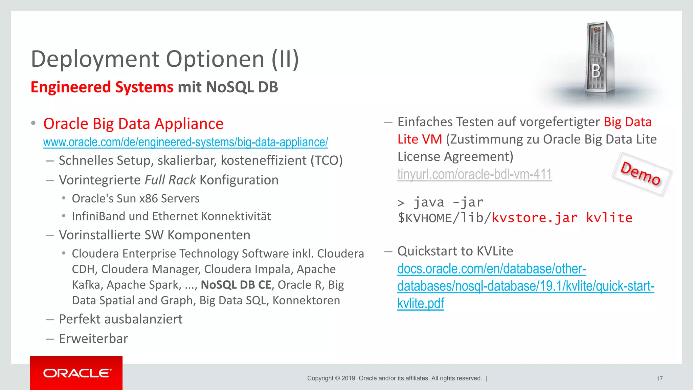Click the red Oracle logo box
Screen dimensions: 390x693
(76, 373)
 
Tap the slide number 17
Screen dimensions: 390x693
(660, 378)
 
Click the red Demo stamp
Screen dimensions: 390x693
(641, 174)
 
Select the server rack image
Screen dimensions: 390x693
(599, 58)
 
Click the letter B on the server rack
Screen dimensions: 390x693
(596, 71)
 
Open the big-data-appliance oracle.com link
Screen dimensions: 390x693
(185, 142)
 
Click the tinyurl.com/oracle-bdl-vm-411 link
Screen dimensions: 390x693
(474, 174)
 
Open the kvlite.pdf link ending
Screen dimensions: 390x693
(420, 303)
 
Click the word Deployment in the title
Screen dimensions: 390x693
(95, 59)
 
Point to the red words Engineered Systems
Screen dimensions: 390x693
(102, 87)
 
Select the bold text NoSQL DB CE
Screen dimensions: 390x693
(236, 285)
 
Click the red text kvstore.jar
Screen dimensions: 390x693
(535, 218)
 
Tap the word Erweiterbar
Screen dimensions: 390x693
(93, 339)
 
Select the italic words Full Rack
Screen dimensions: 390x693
(170, 180)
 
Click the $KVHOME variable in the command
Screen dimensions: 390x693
(424, 218)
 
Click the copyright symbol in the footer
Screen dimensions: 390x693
(337, 378)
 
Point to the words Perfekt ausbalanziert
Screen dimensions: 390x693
(120, 319)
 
